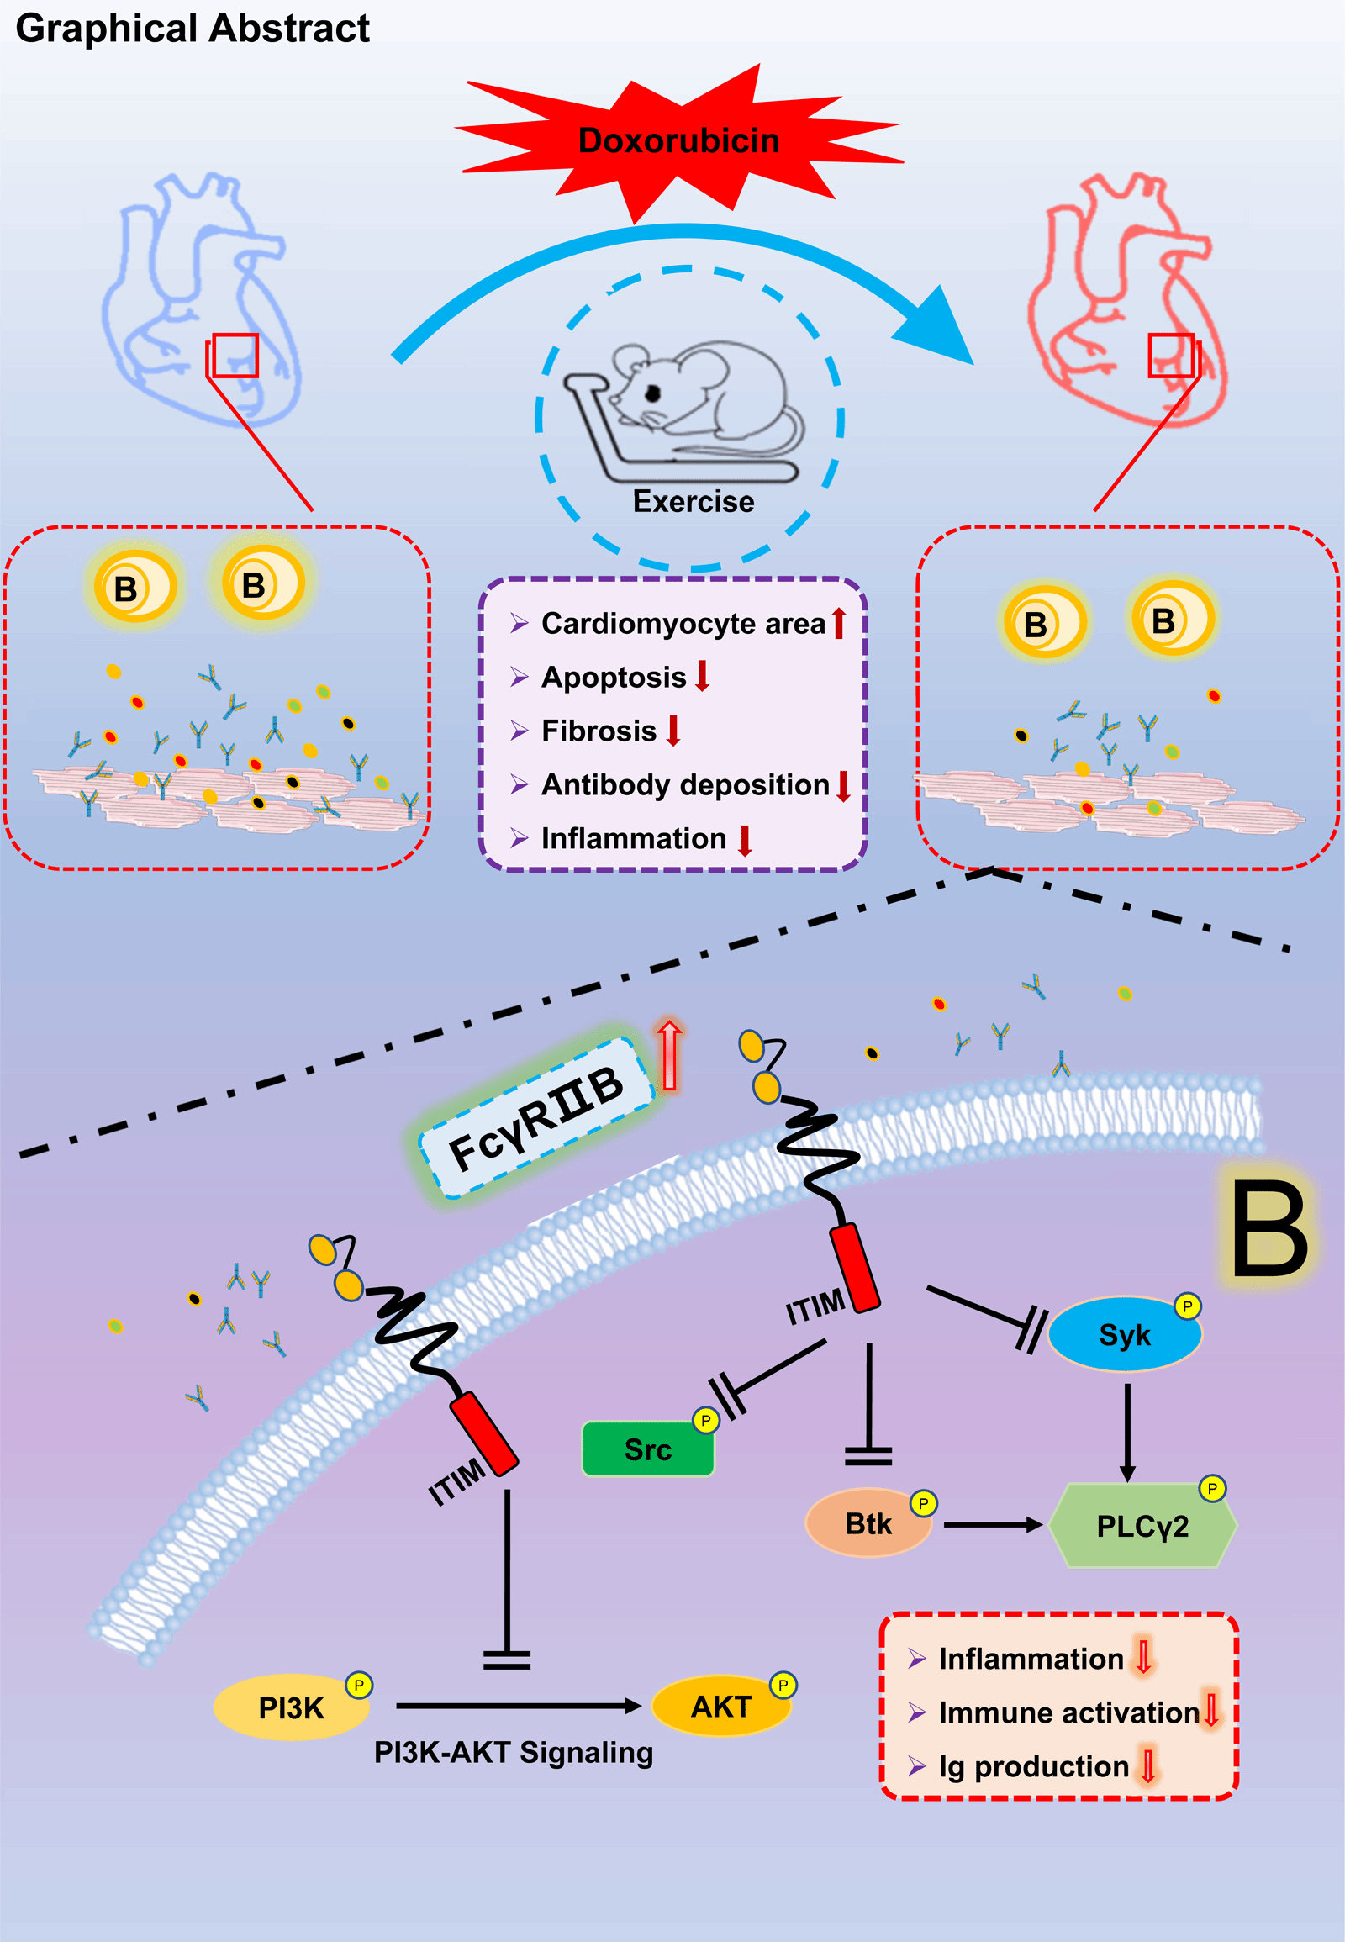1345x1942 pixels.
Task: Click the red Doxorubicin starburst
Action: click(x=678, y=140)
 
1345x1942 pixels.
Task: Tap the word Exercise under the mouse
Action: click(x=693, y=502)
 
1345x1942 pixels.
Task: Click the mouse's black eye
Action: click(x=652, y=393)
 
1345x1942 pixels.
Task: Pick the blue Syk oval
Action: click(x=1124, y=1335)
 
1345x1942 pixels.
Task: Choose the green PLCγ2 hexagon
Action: click(x=1142, y=1526)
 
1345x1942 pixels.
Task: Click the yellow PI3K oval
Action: click(x=291, y=1707)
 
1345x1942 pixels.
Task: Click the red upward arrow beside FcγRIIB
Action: click(x=669, y=1053)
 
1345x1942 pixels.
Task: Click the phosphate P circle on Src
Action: click(x=705, y=1421)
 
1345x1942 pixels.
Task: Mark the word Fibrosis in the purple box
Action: click(x=599, y=731)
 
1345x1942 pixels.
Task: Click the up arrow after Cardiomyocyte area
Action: click(x=837, y=624)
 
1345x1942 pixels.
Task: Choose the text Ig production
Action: click(x=1034, y=1765)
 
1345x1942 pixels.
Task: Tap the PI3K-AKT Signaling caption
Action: click(x=514, y=1752)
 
